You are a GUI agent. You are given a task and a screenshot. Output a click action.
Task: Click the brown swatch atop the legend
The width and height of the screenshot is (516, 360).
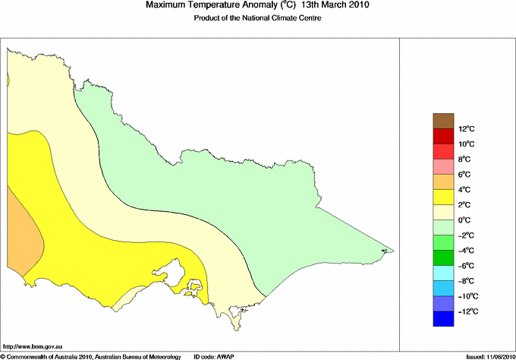click(443, 121)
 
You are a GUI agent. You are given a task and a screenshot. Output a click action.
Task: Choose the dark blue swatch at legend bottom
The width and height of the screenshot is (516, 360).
click(443, 319)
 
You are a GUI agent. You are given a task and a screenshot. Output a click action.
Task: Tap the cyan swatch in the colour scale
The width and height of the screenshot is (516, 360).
click(443, 273)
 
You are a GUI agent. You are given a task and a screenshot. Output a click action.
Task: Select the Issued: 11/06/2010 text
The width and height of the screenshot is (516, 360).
click(486, 356)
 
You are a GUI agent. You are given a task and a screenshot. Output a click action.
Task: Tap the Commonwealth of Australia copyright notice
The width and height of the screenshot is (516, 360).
click(91, 356)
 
